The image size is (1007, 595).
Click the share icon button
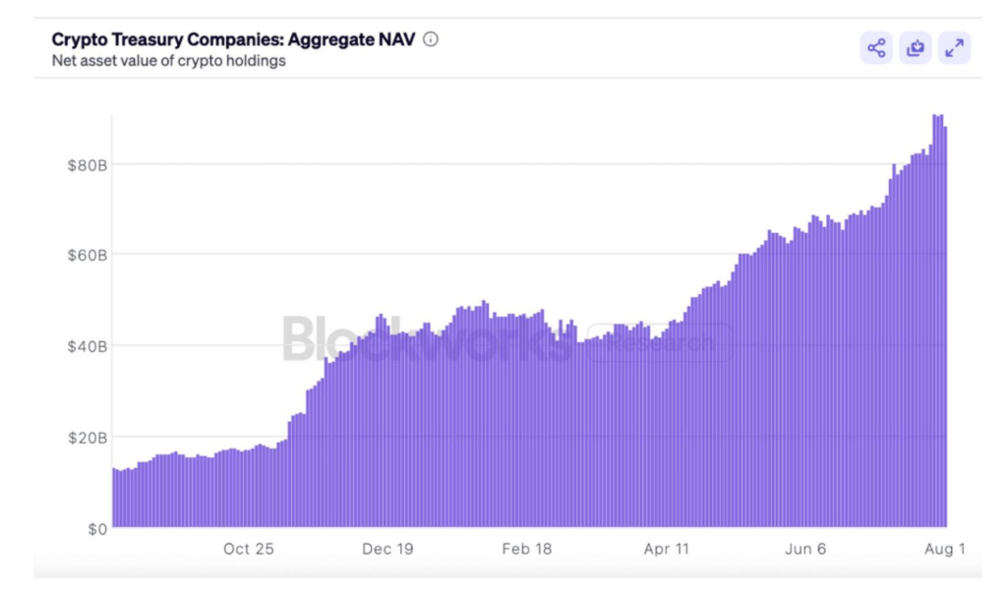point(876,47)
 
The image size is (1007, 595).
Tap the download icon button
point(916,47)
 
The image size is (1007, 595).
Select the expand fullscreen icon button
point(954,47)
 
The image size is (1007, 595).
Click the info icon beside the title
point(431,40)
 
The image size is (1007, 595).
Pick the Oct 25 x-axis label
point(248,549)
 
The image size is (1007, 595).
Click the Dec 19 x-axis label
point(387,549)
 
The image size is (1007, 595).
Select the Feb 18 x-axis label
point(527,549)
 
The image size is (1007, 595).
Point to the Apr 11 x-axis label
point(666,549)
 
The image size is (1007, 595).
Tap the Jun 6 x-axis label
point(805,549)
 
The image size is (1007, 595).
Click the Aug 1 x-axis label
point(944,549)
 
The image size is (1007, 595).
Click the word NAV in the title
point(398,40)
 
